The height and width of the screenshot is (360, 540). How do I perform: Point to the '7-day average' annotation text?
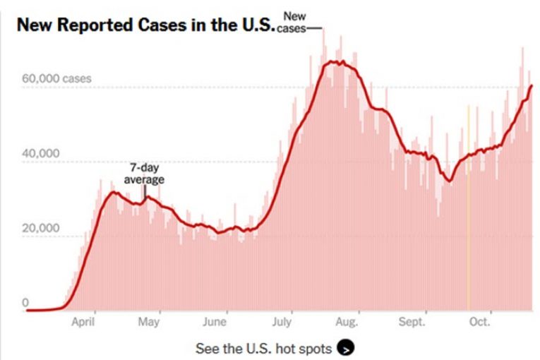point(144,174)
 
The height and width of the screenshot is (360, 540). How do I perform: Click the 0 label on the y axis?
point(25,303)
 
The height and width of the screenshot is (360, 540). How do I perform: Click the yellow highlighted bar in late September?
point(468,212)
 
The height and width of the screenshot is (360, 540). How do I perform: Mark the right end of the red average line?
point(532,85)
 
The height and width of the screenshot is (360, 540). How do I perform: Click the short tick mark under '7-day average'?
point(145,191)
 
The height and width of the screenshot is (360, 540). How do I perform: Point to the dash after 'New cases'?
point(315,28)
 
